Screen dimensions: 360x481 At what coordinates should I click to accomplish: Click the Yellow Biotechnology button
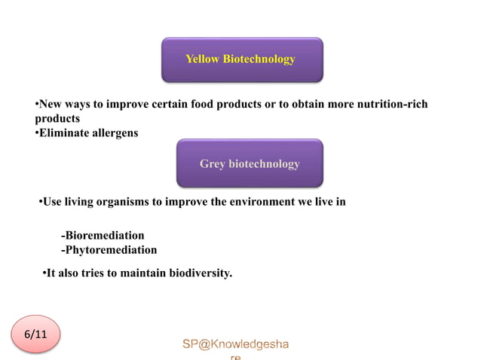241,59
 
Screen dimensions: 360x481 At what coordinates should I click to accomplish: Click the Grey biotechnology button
250,163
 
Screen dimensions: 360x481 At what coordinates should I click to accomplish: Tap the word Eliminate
63,133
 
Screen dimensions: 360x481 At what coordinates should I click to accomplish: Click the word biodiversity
198,273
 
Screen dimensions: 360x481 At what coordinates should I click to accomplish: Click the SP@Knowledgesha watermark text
235,344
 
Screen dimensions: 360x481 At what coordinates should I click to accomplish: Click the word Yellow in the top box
203,59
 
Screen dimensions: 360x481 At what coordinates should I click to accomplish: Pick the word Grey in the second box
213,163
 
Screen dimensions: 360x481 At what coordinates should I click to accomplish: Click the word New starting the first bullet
51,104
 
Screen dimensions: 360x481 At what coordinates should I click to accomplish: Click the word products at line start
57,118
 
